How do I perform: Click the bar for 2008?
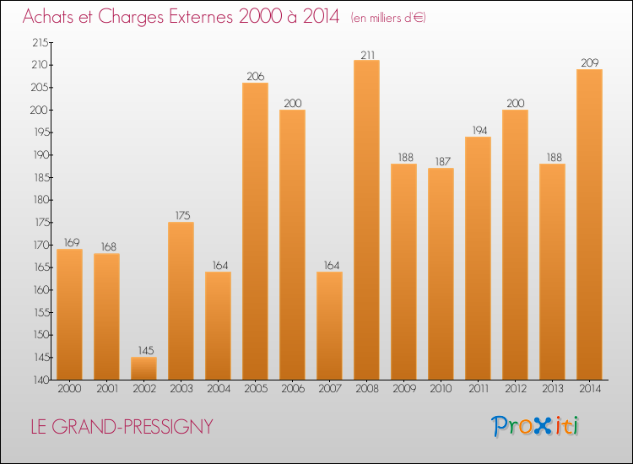tap(366, 219)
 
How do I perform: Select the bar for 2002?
tap(143, 368)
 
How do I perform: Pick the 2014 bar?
tap(589, 224)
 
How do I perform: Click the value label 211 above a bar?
tap(366, 54)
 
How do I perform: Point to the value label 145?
tap(143, 351)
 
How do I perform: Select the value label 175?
tap(181, 216)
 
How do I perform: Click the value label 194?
tap(478, 131)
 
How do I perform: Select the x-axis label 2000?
tap(69, 390)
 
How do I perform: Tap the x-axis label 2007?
tap(329, 390)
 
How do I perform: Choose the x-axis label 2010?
tap(441, 390)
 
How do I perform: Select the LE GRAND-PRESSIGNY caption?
tap(122, 428)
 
